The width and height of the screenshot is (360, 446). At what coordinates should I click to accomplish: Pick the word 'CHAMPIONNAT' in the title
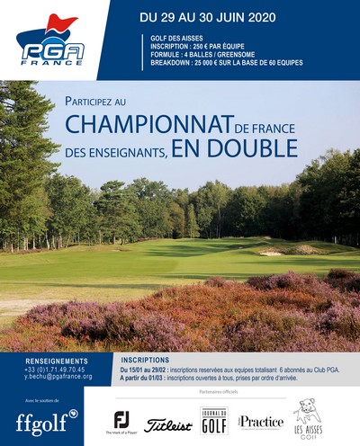tap(147, 122)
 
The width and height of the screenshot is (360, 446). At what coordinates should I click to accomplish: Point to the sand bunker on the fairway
tap(272, 253)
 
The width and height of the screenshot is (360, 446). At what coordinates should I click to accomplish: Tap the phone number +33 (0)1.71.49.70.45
tap(55, 369)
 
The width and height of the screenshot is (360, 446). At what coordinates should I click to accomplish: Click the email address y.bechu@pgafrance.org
tap(58, 377)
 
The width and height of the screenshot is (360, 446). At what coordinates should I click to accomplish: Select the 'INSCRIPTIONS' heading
tap(145, 359)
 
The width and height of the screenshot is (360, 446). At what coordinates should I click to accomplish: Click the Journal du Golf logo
tap(213, 420)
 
